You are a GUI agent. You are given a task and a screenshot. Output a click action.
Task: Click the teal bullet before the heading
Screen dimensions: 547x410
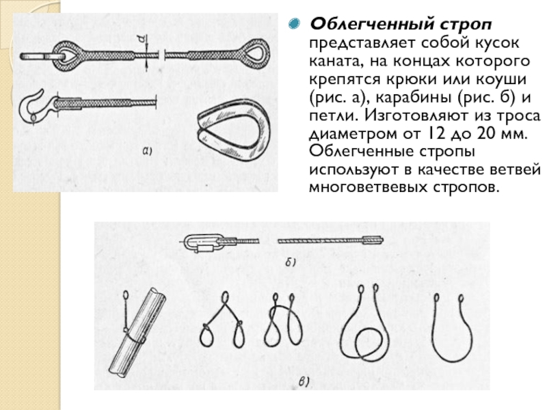point(295,24)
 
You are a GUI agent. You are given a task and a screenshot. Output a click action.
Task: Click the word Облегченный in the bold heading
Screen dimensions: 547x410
point(371,25)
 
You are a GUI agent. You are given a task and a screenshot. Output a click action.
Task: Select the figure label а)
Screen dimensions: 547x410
point(147,150)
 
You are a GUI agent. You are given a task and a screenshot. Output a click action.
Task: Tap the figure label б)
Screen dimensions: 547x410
point(291,262)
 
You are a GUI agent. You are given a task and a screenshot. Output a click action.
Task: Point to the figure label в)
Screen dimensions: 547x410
point(304,382)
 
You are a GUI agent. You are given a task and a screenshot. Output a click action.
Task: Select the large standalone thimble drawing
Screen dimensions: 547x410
point(234,129)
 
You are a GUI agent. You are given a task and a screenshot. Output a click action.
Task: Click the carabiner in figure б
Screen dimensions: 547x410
point(202,243)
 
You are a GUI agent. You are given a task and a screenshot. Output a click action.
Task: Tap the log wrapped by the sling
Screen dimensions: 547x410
point(137,332)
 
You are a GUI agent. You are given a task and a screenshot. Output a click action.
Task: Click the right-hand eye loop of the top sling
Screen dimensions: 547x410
point(256,53)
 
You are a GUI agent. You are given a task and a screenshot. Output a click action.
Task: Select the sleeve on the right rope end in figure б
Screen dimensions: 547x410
point(373,240)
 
